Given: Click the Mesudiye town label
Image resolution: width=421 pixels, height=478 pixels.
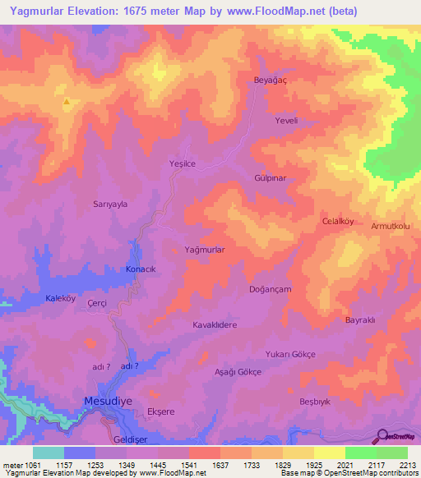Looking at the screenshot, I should click(107, 401).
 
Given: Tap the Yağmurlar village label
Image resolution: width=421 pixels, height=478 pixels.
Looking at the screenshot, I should click(205, 248).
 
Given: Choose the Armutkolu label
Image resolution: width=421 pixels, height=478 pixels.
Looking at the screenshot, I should click(391, 226).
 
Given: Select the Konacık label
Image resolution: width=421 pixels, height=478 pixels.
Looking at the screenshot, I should click(140, 269).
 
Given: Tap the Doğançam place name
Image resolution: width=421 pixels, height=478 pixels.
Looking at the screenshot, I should click(270, 290).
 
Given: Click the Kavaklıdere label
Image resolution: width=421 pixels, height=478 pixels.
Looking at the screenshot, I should click(215, 325).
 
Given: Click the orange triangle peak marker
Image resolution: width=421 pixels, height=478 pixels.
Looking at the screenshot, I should click(66, 103).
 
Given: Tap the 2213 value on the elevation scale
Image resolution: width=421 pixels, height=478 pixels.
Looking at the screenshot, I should click(407, 465).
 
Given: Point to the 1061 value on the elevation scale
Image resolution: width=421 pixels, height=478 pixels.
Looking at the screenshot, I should click(25, 465).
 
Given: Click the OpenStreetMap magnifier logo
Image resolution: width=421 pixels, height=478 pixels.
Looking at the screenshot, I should click(382, 435).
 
